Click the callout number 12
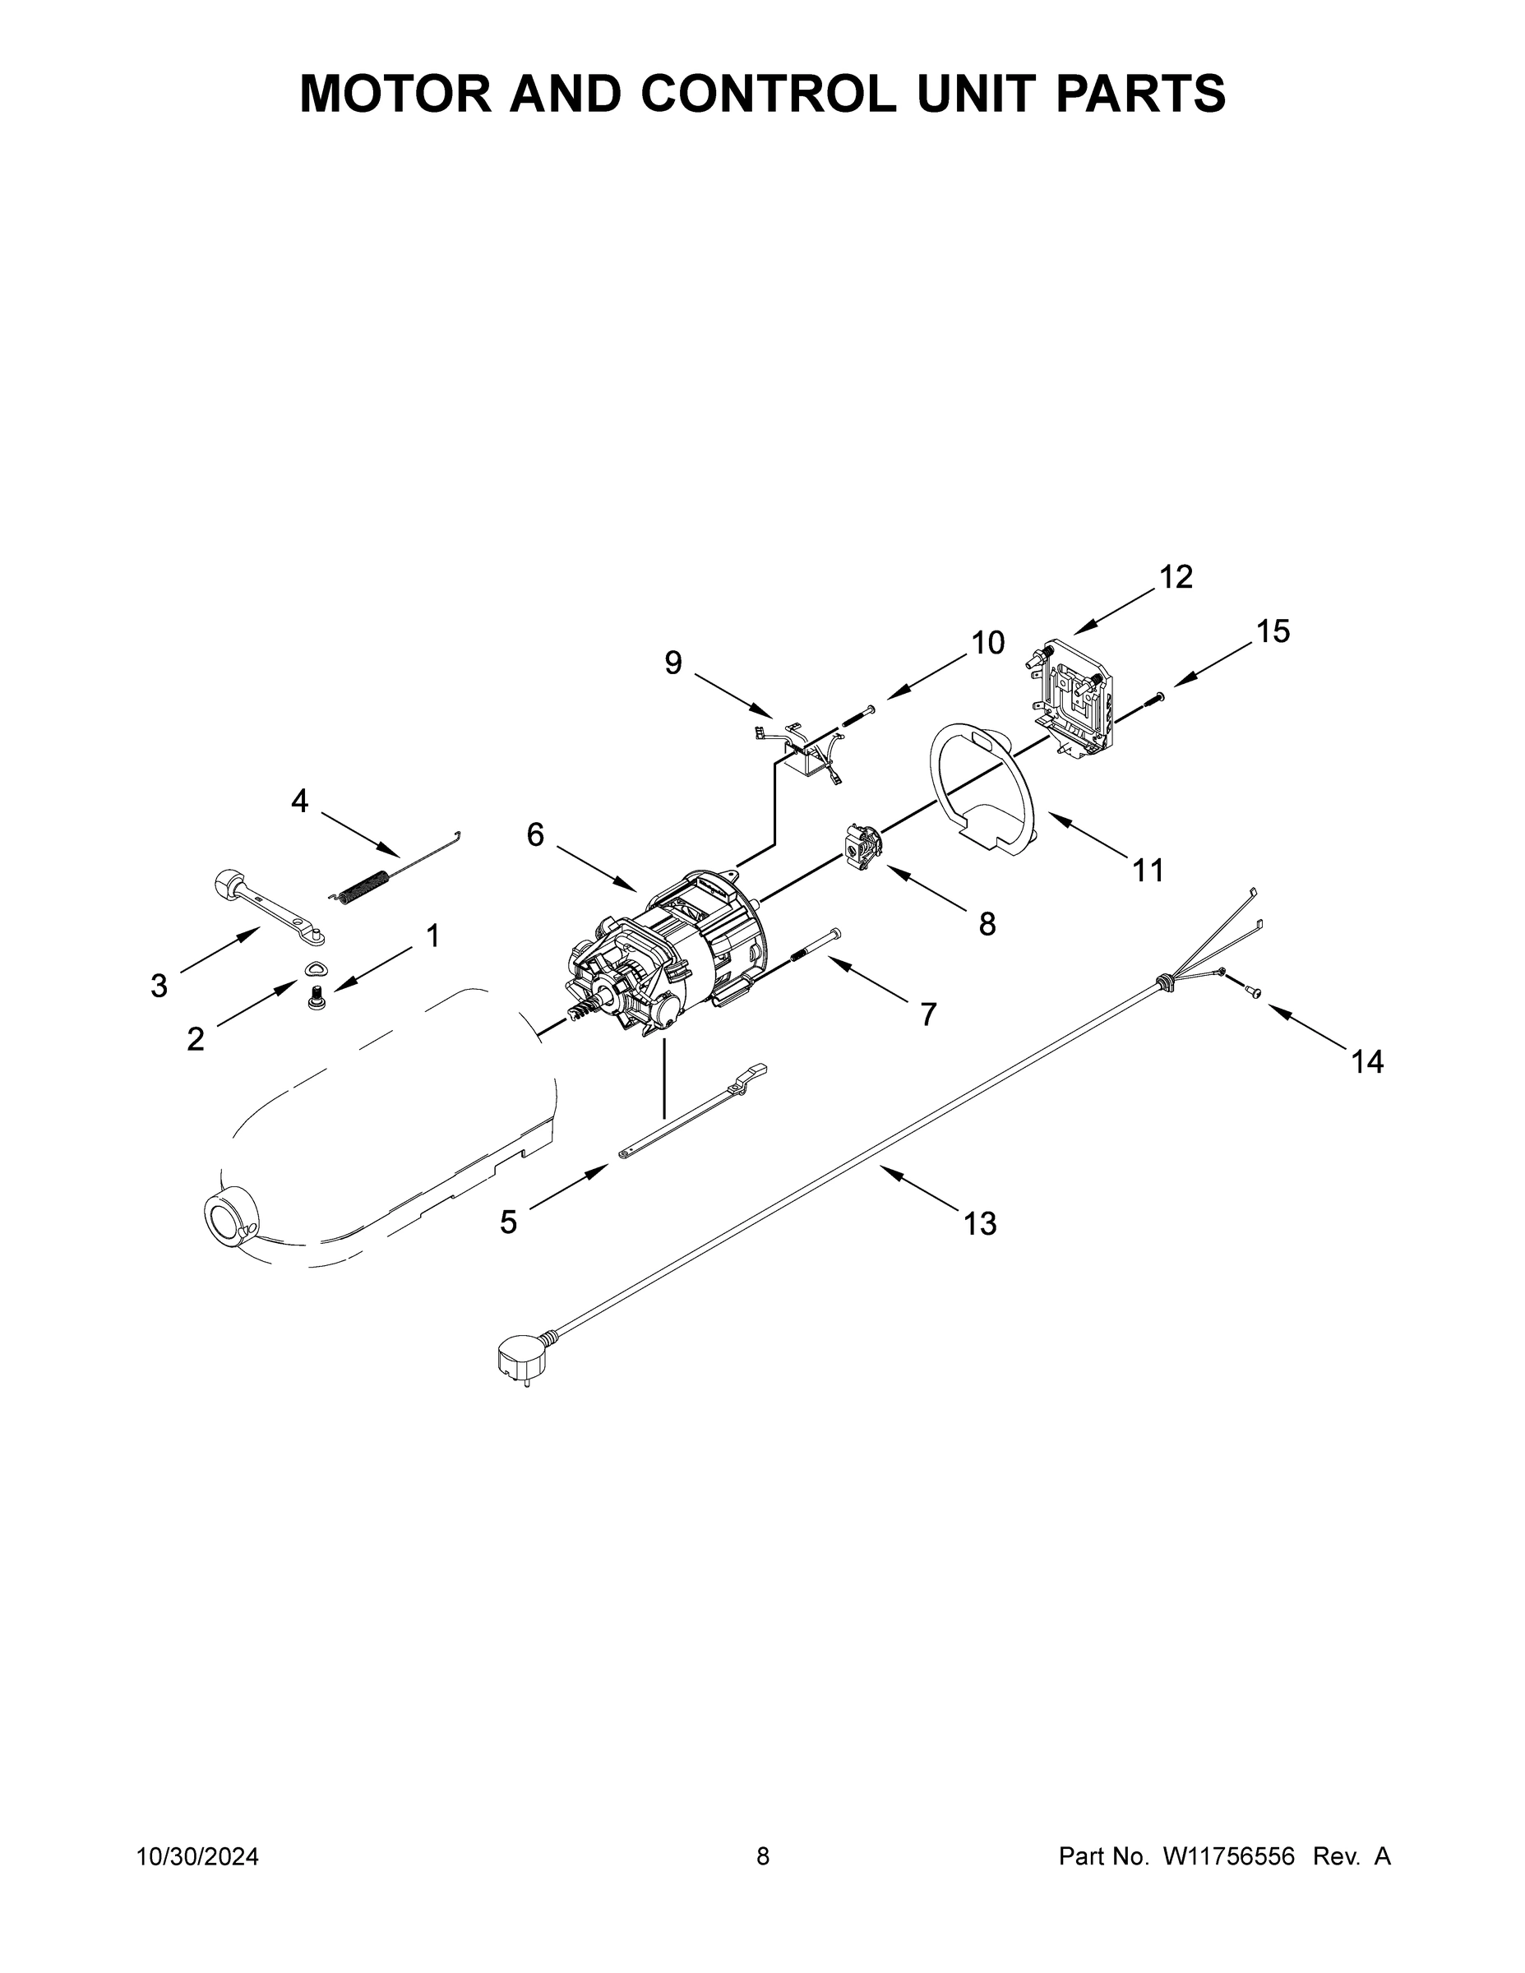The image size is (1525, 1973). pos(1176,576)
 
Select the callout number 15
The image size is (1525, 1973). pos(1272,631)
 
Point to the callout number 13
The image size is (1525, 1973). pos(979,1224)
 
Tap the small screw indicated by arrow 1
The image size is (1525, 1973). pos(317,996)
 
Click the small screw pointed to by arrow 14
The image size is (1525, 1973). pos(1253,993)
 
